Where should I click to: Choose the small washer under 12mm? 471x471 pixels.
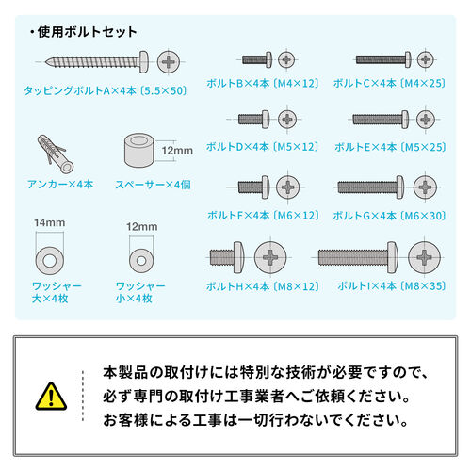(x=138, y=256)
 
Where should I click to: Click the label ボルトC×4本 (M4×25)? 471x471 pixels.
(x=389, y=83)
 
